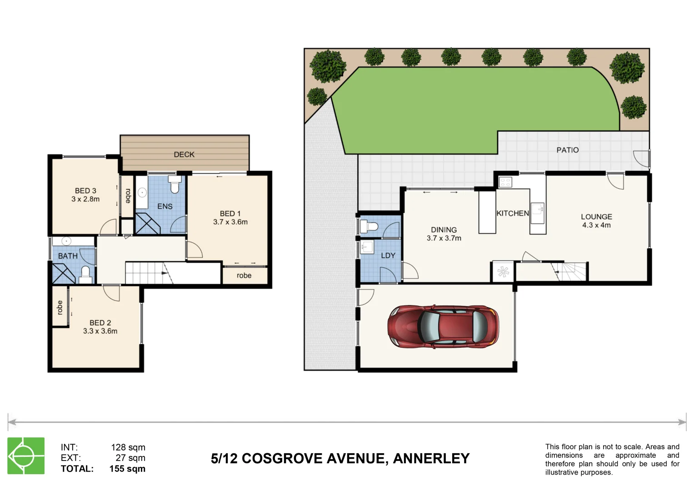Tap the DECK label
pyautogui.click(x=184, y=155)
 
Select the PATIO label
pyautogui.click(x=568, y=150)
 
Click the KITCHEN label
pyautogui.click(x=513, y=213)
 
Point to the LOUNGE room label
pyautogui.click(x=596, y=217)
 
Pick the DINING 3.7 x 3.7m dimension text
pyautogui.click(x=444, y=238)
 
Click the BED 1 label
pyautogui.click(x=230, y=214)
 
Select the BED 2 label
pyautogui.click(x=100, y=323)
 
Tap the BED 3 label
pyautogui.click(x=85, y=191)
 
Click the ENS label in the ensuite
pyautogui.click(x=165, y=206)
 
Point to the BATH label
pyautogui.click(x=68, y=256)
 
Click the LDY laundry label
pyautogui.click(x=388, y=256)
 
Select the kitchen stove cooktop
pyautogui.click(x=505, y=182)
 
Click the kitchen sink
pyautogui.click(x=538, y=210)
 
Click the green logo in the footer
pyautogui.click(x=26, y=456)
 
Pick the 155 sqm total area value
pyautogui.click(x=127, y=469)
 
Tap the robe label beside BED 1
pyautogui.click(x=244, y=276)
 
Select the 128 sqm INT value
pyautogui.click(x=128, y=447)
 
